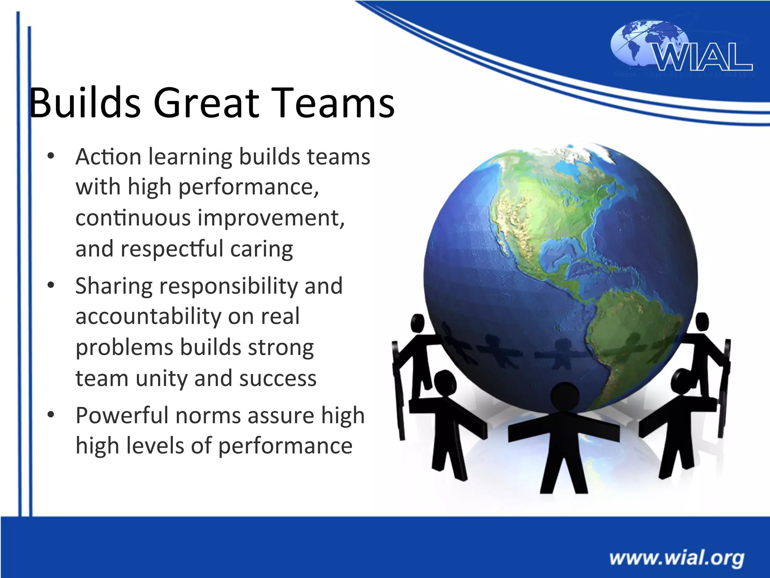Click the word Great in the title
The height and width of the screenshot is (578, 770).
(x=206, y=103)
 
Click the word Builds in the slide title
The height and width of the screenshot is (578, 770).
(x=85, y=103)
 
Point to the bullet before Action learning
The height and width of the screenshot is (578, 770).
(x=51, y=156)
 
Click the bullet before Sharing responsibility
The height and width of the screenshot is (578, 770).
(x=51, y=285)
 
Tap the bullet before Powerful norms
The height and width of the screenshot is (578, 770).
(x=51, y=415)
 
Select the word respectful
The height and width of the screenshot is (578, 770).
(x=172, y=249)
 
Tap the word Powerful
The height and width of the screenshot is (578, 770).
(x=122, y=416)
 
